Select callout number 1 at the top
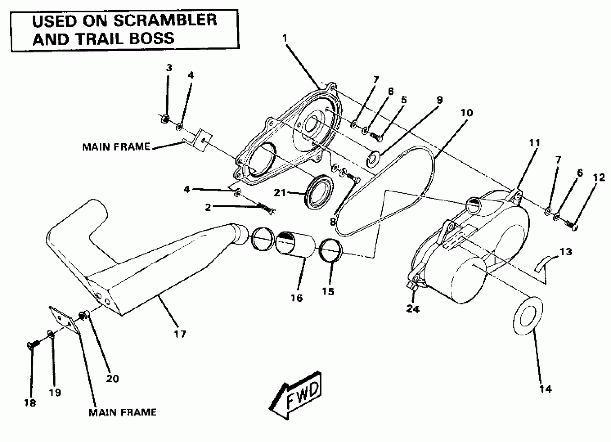285,38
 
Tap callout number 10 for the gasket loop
466,113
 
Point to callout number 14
546,389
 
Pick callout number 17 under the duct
180,334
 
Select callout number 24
413,309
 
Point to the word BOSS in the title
152,38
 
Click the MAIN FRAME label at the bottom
122,412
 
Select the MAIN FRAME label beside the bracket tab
116,147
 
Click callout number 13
566,252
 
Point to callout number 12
599,178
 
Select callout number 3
169,68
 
